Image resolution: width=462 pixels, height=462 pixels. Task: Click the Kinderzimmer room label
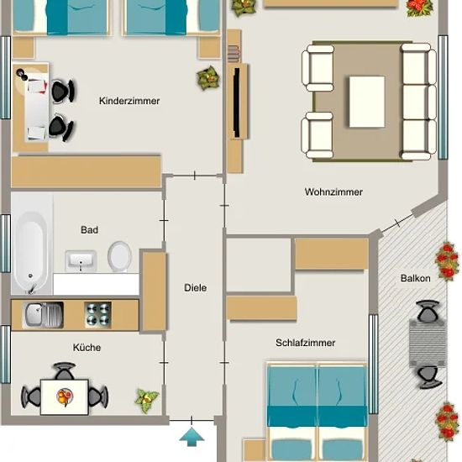pos(129,101)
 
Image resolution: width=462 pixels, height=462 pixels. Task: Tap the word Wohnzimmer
pos(333,192)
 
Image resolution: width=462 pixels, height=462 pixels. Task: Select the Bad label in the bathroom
pos(90,230)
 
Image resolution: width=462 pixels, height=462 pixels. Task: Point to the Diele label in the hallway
pos(196,288)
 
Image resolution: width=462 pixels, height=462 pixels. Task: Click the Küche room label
pos(87,348)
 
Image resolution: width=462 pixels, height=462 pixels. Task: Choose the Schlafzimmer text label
pos(305,343)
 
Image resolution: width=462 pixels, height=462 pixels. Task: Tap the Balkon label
pos(416,278)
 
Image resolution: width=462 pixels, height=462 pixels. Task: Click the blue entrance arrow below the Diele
pos(192,437)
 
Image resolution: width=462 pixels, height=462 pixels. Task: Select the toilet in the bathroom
pos(119,256)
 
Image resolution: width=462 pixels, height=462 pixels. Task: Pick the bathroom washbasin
pos(81,260)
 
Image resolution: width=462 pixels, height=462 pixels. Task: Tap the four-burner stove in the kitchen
pos(97,315)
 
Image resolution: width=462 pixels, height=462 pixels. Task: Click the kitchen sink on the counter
pos(44,315)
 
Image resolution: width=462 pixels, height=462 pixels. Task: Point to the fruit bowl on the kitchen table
pos(65,396)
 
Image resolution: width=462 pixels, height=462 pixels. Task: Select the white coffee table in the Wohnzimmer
pos(367,102)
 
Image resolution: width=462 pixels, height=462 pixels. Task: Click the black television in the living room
pos(237,102)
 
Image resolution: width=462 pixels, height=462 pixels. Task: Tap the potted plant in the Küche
pos(147,400)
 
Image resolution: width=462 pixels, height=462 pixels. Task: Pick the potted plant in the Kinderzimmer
pos(208,78)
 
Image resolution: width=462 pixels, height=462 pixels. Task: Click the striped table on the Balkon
pos(428,344)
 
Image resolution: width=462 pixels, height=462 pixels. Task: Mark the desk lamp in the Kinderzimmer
pos(22,74)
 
